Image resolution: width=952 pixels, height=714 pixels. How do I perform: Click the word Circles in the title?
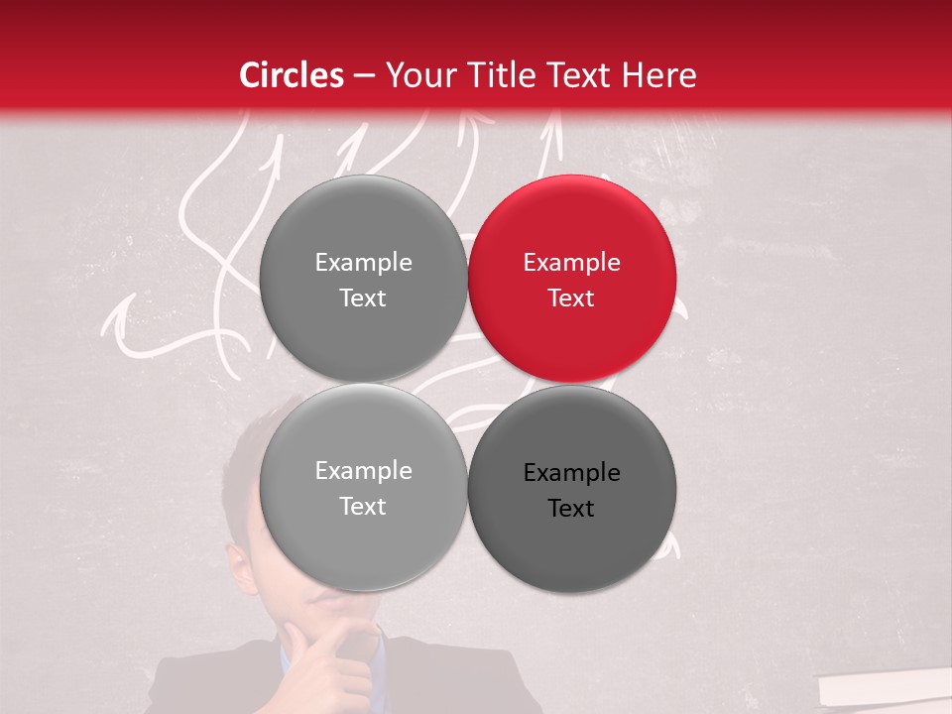[291, 75]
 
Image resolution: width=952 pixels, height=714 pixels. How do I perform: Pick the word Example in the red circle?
[571, 263]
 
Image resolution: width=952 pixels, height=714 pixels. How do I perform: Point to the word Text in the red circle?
[571, 298]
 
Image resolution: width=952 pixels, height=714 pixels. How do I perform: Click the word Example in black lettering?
[571, 473]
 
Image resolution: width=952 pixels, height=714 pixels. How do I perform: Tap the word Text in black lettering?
[571, 509]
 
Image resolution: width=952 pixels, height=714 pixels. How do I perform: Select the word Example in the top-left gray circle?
[363, 263]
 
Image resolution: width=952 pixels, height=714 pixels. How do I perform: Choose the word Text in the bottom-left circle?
[363, 507]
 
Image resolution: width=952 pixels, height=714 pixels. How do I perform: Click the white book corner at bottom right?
[883, 689]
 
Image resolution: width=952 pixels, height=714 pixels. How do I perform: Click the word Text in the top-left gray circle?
[363, 298]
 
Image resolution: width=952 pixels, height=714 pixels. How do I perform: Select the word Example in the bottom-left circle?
[363, 471]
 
